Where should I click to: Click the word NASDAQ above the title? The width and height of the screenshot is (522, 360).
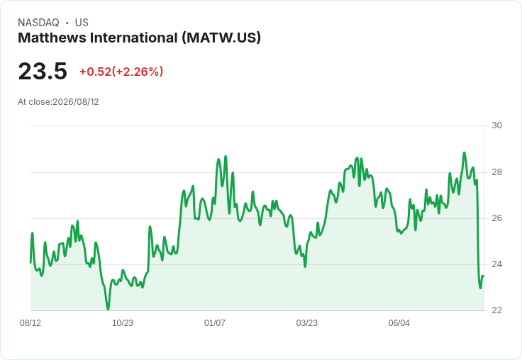click(x=38, y=23)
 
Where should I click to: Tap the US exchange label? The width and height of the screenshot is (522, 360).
click(x=82, y=23)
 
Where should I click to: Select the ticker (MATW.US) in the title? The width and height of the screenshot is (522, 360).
click(x=221, y=38)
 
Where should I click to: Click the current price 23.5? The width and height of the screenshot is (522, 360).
click(x=43, y=71)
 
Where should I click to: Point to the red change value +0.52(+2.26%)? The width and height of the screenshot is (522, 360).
click(x=121, y=72)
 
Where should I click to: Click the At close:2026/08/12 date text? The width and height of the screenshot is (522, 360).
click(x=58, y=102)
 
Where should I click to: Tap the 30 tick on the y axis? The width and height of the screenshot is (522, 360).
click(x=496, y=125)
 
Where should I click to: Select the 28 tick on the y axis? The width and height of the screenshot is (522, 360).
click(x=496, y=172)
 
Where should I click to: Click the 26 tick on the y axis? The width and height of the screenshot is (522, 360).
click(x=496, y=218)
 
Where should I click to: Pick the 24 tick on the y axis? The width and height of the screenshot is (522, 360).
click(x=496, y=264)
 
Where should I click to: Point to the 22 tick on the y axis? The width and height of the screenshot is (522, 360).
click(x=496, y=310)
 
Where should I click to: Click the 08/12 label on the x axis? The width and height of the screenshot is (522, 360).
click(x=30, y=323)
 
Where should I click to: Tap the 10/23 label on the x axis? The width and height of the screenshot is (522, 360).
click(x=123, y=323)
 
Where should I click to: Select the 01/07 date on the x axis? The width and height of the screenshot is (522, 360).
click(x=215, y=323)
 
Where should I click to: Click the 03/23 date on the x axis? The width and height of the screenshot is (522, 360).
click(x=307, y=323)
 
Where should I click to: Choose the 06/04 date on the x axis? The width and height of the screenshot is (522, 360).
click(x=399, y=323)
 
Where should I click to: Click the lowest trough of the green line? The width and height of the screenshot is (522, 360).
click(x=108, y=310)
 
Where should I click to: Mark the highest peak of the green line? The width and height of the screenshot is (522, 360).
click(x=464, y=153)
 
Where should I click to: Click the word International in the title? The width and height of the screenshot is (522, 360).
click(x=134, y=38)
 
